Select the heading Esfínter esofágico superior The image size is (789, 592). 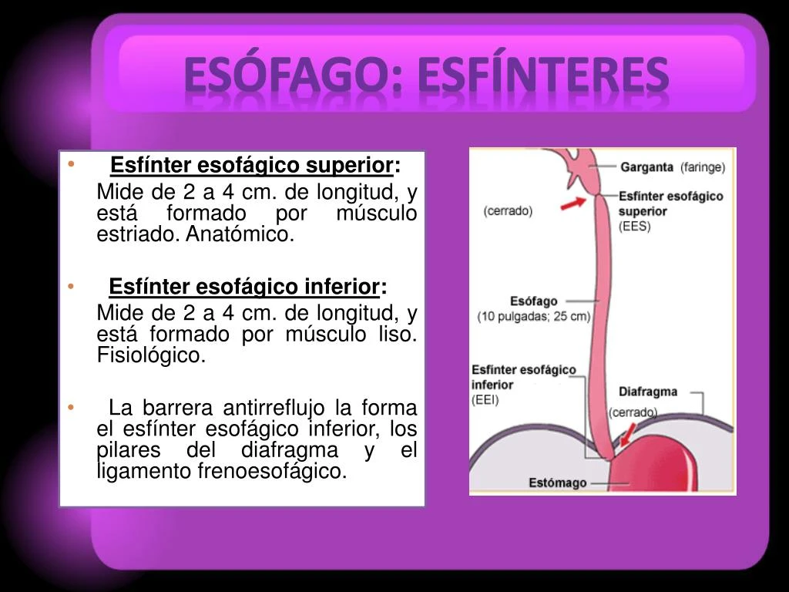coord(252,166)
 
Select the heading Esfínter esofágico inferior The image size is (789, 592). coord(245,288)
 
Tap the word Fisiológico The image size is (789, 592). coord(152,355)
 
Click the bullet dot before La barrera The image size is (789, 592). coord(71,407)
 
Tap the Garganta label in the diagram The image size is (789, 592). coord(647,166)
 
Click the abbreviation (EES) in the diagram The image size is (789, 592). coord(634,227)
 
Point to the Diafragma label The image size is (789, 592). coord(648,392)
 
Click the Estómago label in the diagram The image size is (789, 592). coord(557,483)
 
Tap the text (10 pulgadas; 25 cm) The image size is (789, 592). coord(534,316)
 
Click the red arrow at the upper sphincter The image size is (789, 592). coord(572,203)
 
